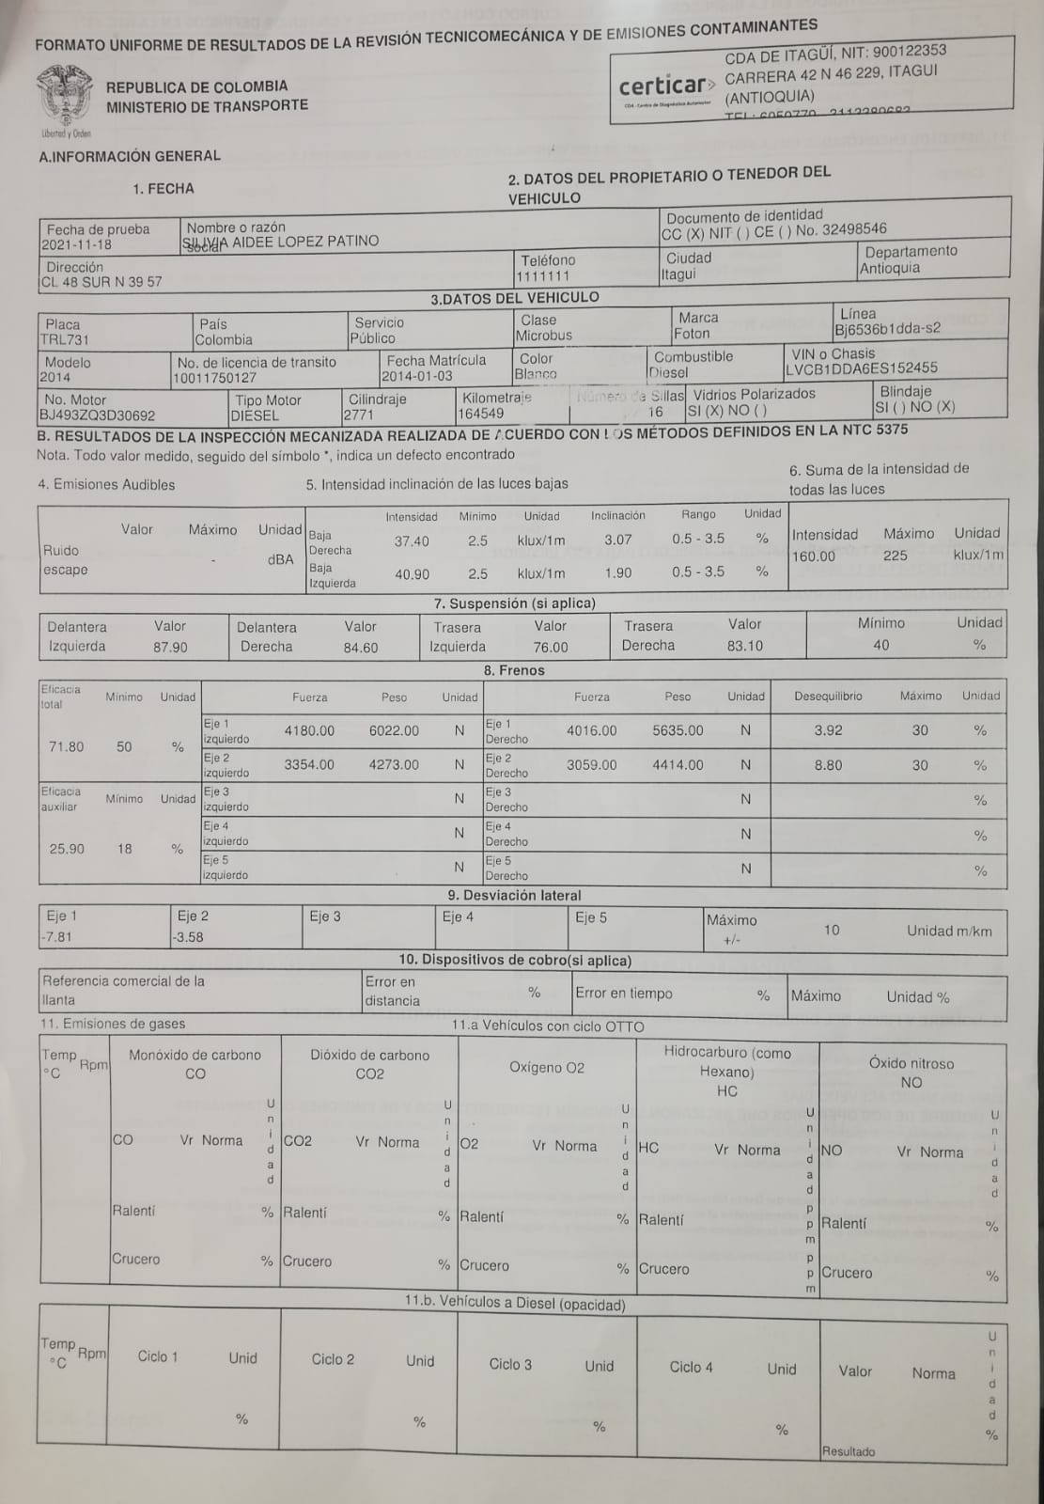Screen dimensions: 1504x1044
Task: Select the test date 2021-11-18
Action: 76,244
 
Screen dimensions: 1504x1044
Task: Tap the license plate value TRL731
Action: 65,339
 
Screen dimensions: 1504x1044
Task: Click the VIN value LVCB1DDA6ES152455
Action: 861,368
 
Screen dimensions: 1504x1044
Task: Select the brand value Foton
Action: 692,334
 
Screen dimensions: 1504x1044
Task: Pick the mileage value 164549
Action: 480,414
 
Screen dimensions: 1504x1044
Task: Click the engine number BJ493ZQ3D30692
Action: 98,415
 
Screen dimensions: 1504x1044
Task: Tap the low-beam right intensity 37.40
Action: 412,540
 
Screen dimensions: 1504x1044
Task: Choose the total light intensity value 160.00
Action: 814,556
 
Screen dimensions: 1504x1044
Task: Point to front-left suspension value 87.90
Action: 170,648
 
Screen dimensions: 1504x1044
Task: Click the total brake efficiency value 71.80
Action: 67,746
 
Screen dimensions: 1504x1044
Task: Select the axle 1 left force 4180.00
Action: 309,730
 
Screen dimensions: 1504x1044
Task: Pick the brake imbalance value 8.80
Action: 828,765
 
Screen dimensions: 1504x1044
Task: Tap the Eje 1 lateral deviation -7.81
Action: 56,937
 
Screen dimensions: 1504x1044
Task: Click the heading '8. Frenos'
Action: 514,670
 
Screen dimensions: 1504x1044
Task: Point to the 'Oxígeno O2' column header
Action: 547,1067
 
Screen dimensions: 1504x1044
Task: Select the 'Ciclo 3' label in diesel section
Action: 510,1364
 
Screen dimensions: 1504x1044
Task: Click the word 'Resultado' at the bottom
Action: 849,1451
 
